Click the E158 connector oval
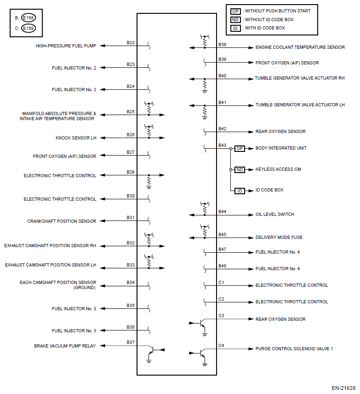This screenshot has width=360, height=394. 28,18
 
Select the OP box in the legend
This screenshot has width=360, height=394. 235,11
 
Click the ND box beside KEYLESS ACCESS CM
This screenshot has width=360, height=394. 240,169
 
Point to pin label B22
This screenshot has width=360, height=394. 131,43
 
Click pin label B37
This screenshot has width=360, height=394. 131,342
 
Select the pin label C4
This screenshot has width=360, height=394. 221,345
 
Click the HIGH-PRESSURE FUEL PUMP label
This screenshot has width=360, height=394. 66,46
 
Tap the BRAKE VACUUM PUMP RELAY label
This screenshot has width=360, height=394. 65,346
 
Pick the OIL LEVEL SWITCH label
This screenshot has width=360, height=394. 274,214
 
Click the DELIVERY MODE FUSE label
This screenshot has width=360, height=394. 279,238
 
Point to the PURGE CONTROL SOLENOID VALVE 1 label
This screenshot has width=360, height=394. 294,349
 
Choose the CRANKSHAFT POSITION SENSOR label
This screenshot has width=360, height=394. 62,221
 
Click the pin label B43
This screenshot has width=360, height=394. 222,145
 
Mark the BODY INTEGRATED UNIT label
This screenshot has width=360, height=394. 281,148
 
